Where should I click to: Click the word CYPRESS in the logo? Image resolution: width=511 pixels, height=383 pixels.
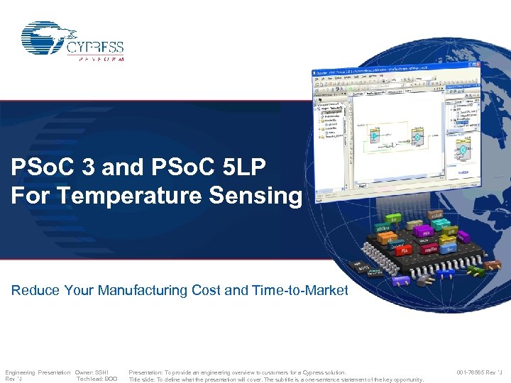(95, 47)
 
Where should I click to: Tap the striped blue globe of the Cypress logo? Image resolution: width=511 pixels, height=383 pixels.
(46, 38)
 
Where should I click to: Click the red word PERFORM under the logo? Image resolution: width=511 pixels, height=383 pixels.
(97, 59)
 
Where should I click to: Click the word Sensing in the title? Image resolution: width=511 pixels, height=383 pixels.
(262, 195)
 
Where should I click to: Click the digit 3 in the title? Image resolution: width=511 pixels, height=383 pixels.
(88, 168)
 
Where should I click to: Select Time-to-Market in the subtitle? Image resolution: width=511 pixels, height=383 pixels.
(300, 290)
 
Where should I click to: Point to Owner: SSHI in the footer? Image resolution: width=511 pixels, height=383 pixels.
(92, 372)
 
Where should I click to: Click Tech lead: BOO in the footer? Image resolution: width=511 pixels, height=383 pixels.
(97, 379)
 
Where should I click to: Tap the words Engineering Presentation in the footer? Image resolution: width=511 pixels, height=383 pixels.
(38, 372)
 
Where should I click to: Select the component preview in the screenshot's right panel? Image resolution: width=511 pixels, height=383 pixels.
(463, 150)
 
